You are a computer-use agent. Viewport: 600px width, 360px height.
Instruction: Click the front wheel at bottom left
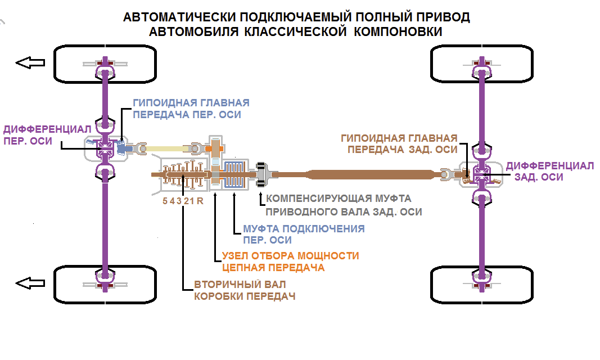pos(105,285)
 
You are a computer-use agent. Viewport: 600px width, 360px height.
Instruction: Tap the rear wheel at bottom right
pos(481,285)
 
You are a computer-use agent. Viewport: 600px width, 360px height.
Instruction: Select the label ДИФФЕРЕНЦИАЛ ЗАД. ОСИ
pos(549,171)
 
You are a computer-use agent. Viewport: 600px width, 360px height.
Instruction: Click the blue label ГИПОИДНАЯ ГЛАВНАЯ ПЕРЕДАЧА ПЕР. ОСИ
pos(191,109)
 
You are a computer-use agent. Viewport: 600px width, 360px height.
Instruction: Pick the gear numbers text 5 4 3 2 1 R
pos(182,200)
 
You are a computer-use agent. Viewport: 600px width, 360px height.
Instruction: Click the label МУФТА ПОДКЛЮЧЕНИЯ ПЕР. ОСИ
pos(303,235)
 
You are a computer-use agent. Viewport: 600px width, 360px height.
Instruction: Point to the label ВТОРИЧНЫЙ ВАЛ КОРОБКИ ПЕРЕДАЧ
pos(245,290)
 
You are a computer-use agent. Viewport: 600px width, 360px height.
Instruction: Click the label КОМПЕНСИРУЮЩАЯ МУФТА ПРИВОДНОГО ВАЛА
pos(343,205)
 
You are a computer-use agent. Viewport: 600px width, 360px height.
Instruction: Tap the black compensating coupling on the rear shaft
pos(261,175)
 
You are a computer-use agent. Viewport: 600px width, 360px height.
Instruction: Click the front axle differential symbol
pos(105,148)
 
